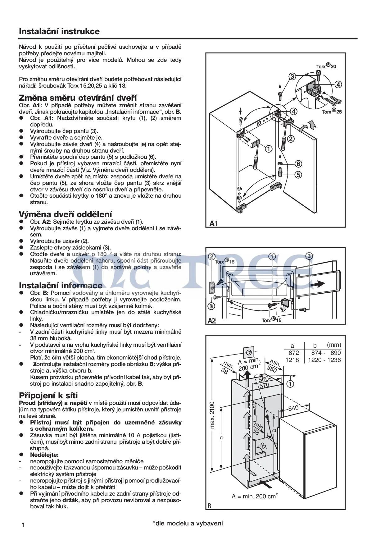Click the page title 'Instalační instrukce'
click(59, 31)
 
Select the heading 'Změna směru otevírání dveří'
click(78, 98)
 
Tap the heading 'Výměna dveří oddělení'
click(66, 214)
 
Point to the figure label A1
click(214, 223)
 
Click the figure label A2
click(212, 320)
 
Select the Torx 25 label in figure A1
click(332, 111)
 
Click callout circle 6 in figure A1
click(298, 164)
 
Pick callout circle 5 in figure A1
click(298, 175)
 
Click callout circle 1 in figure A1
click(269, 149)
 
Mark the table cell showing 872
click(294, 353)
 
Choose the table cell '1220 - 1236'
click(324, 360)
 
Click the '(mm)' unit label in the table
click(334, 345)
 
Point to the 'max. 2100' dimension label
click(212, 414)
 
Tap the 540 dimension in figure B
click(293, 408)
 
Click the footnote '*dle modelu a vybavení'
click(188, 523)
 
